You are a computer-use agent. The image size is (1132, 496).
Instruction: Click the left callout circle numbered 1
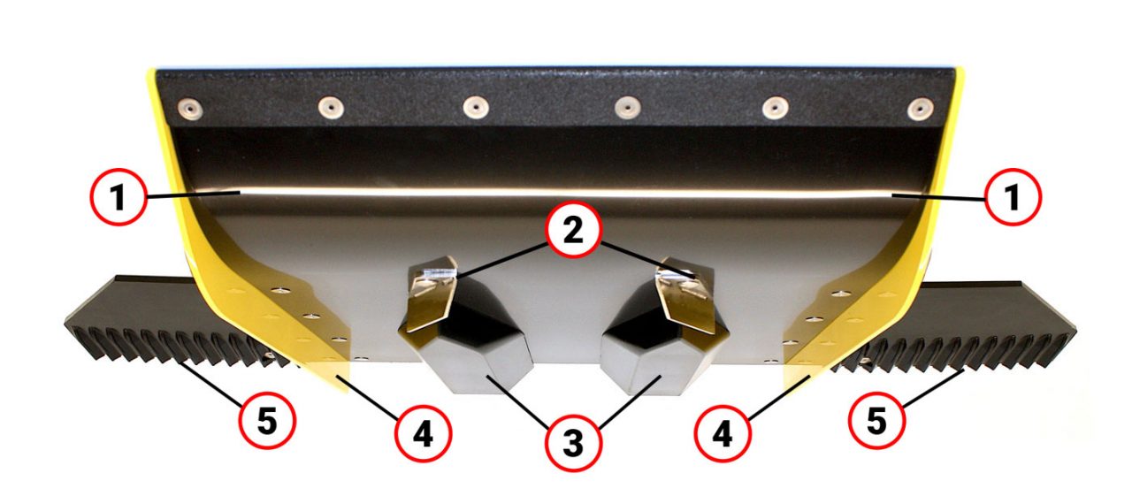119,197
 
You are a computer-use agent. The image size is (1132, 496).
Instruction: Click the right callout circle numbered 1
1013,197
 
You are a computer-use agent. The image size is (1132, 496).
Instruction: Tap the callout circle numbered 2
573,231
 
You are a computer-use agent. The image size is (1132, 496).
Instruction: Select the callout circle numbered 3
573,444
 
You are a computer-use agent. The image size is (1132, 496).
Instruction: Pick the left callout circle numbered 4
423,433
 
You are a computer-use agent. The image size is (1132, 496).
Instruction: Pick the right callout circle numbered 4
723,433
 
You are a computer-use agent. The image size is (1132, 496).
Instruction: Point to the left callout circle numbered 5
267,420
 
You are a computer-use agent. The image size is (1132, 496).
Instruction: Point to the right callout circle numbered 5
876,420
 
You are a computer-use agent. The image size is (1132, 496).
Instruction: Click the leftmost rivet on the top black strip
190,108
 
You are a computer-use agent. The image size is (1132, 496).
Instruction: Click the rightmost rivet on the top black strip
921,109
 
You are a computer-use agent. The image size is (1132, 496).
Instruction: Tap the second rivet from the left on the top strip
331,107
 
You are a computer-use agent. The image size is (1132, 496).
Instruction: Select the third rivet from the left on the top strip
476,107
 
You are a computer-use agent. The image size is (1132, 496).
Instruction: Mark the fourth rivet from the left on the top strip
628,107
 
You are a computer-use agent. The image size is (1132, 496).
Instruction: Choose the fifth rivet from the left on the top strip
776,108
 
